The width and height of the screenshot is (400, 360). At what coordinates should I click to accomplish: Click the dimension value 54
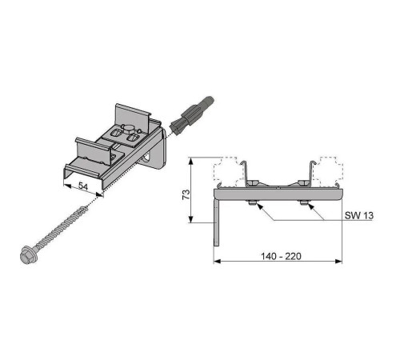pyautogui.click(x=83, y=186)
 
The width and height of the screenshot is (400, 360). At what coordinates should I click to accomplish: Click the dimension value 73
pyautogui.click(x=186, y=194)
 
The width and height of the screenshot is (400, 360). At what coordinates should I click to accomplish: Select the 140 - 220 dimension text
pyautogui.click(x=281, y=256)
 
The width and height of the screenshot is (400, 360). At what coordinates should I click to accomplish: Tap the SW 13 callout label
pyautogui.click(x=359, y=215)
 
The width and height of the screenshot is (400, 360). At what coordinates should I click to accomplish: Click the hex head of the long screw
pyautogui.click(x=26, y=254)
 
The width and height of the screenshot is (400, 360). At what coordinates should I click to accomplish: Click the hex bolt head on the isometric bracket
pyautogui.click(x=128, y=130)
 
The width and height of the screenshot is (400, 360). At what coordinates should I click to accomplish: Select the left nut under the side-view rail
pyautogui.click(x=252, y=203)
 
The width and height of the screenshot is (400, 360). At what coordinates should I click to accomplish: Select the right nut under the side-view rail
pyautogui.click(x=304, y=203)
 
